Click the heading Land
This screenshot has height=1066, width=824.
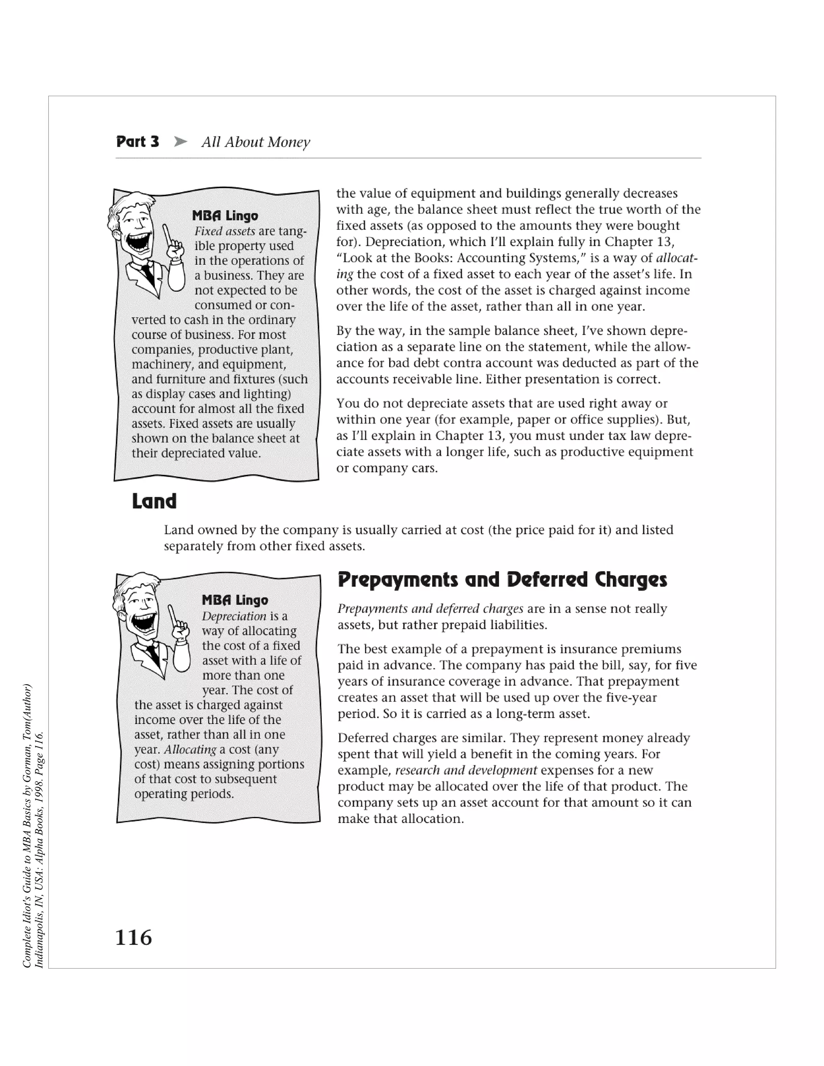click(x=154, y=501)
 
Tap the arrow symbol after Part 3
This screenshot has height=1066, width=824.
click(x=181, y=142)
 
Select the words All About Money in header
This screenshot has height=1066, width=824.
click(x=255, y=142)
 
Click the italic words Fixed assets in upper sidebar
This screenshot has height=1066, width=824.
click(x=225, y=231)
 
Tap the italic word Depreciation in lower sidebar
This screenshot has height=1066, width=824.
click(x=234, y=616)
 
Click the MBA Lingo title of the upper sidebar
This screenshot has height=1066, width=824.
click(x=225, y=215)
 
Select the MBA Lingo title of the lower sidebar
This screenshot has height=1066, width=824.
click(x=235, y=600)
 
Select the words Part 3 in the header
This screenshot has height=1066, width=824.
click(x=138, y=142)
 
